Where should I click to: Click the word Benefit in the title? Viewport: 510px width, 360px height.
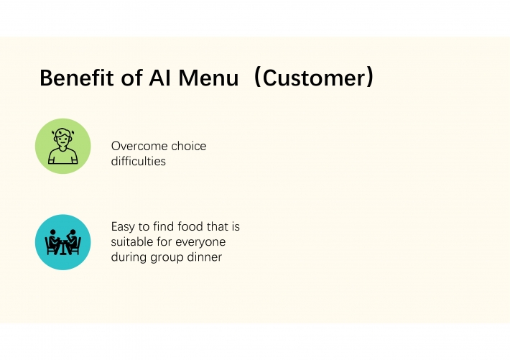[77, 78]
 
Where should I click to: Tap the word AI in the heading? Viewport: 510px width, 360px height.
[159, 78]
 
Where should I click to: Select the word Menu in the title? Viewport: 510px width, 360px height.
[208, 78]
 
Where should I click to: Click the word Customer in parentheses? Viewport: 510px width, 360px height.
[315, 78]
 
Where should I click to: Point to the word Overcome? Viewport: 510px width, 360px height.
[139, 146]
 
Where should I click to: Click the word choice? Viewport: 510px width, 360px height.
[189, 146]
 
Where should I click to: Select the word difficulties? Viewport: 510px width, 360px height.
[138, 161]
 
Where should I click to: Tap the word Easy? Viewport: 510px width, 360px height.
[123, 227]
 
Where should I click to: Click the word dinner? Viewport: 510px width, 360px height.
[205, 257]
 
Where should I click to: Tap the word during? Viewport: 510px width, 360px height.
[129, 257]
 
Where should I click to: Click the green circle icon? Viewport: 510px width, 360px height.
[63, 146]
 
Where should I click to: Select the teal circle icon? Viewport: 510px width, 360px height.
[63, 242]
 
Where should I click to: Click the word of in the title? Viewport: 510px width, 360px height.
[131, 78]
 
